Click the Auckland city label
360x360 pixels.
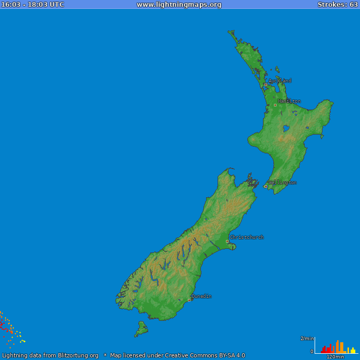pos(280,81)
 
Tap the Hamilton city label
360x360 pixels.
pos(289,101)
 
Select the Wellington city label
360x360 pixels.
pos(283,183)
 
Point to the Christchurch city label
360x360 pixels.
pos(247,237)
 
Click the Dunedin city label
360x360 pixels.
pos(201,296)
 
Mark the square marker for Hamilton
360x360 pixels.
pos(275,105)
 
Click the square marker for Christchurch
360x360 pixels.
pos(227,241)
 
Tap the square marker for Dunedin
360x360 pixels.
pos(189,300)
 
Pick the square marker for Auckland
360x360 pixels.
pos(266,85)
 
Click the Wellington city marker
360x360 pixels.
pos(266,186)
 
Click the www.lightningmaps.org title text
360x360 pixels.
pos(179,5)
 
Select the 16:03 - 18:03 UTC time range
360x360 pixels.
pos(32,5)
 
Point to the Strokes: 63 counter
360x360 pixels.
pos(338,5)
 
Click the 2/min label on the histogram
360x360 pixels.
pos(307,339)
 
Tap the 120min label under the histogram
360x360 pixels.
pos(335,357)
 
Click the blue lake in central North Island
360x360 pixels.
pos(285,128)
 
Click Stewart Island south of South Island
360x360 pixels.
pos(141,329)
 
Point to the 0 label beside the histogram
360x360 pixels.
pos(312,352)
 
